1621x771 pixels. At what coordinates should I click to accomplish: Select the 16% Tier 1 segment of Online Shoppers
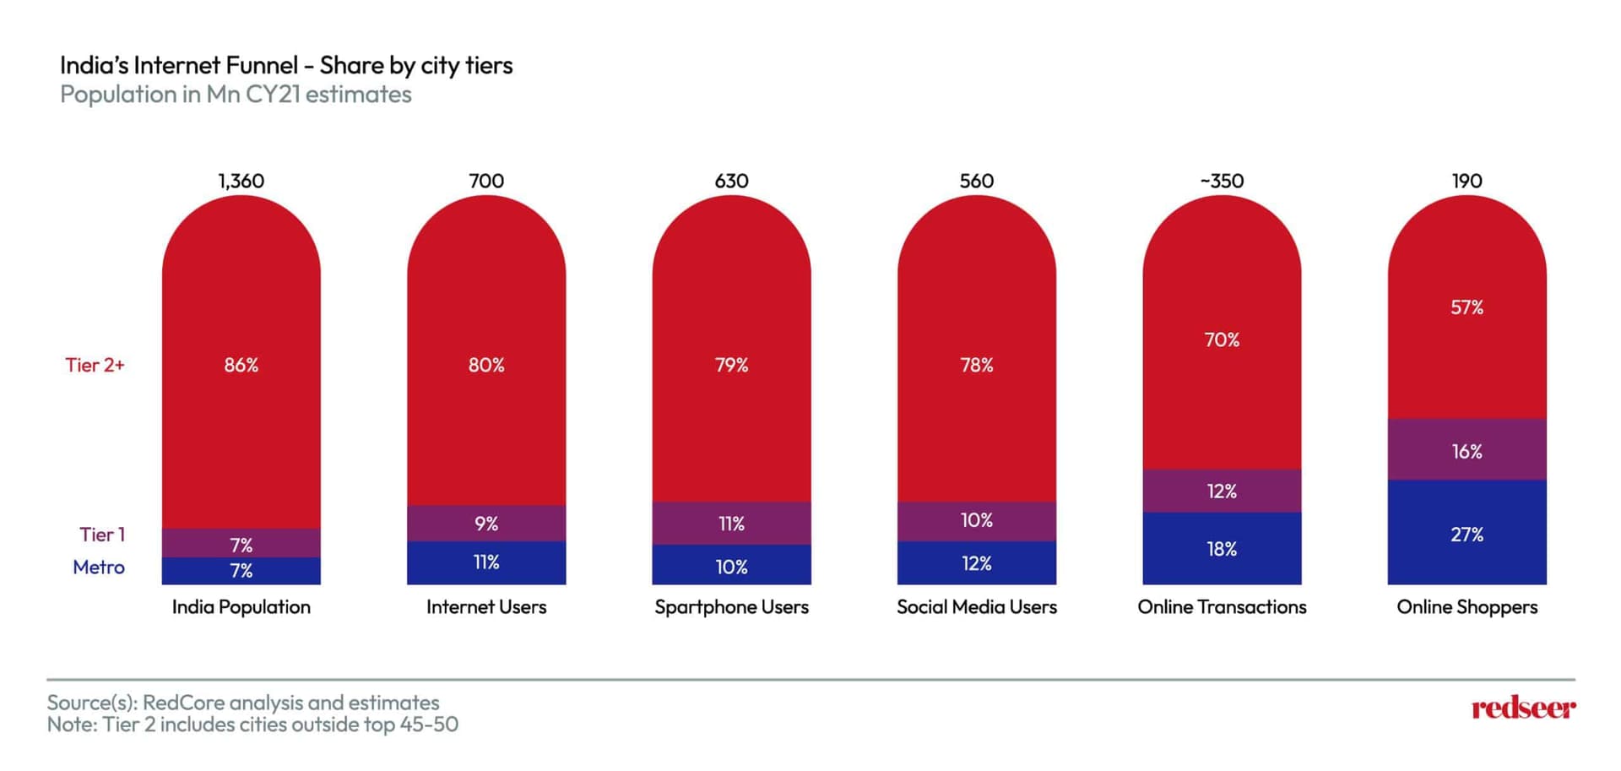tap(1466, 451)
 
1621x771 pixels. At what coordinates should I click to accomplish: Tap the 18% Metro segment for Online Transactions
tap(1222, 549)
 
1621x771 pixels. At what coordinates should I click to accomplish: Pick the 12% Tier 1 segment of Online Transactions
tap(1222, 491)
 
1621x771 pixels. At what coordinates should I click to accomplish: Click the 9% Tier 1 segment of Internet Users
tap(486, 524)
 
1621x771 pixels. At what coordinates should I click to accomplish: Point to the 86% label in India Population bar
tap(241, 365)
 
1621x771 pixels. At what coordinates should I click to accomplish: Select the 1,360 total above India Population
tap(241, 181)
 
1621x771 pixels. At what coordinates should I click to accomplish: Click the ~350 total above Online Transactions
tap(1222, 181)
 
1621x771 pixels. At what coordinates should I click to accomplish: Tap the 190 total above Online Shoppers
tap(1466, 181)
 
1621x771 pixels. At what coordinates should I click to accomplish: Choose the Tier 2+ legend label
tap(95, 365)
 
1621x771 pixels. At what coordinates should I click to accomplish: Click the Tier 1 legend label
tap(102, 535)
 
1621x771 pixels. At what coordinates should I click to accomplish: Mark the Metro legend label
tap(99, 567)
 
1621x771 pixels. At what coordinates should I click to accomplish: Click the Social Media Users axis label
tap(977, 607)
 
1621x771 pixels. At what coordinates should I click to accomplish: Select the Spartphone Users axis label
tap(731, 607)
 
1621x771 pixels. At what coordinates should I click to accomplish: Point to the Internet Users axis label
tap(486, 607)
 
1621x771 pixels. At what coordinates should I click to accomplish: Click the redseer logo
tap(1523, 708)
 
